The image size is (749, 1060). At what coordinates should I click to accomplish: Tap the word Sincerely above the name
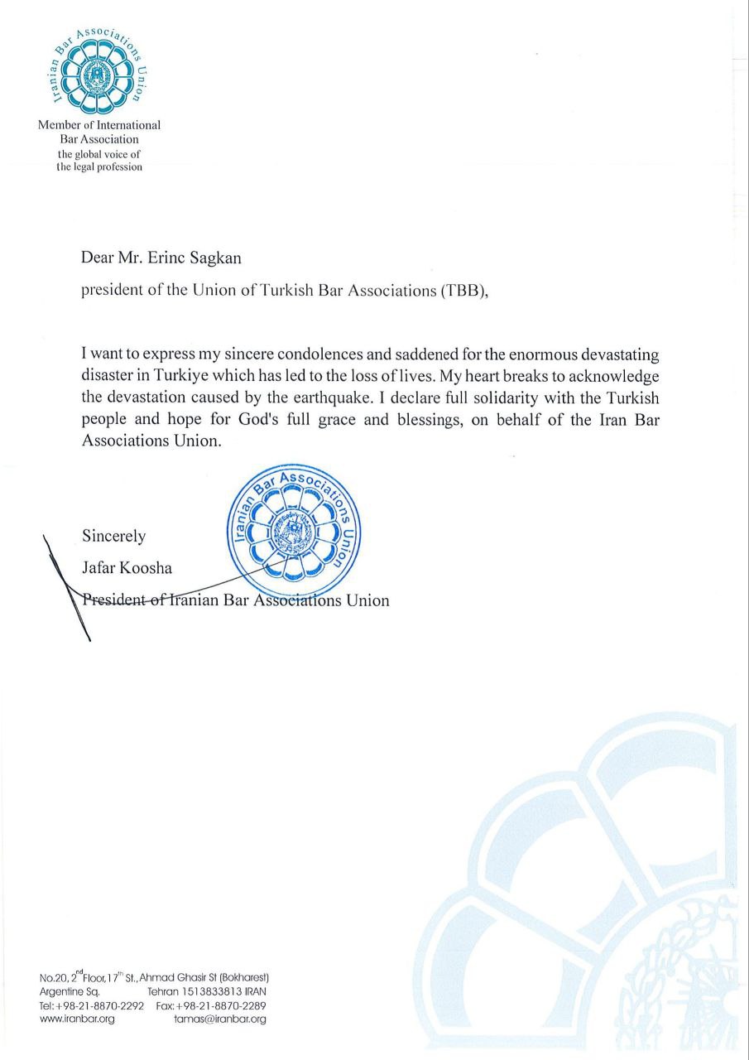tap(114, 537)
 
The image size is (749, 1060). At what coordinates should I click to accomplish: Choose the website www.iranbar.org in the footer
tap(77, 1019)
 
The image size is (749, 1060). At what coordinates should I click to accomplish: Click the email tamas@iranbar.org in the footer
tap(220, 1019)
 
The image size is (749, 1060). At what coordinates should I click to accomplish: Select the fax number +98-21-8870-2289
tap(220, 1005)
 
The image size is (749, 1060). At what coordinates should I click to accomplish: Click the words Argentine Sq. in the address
tap(70, 991)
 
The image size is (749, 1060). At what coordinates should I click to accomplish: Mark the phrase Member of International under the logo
tap(99, 125)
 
